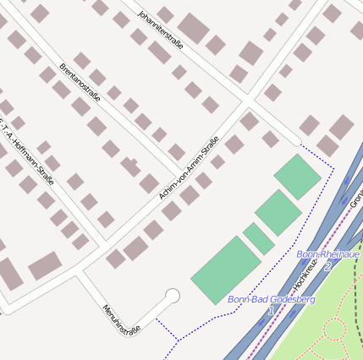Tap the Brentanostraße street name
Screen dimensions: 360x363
[x=80, y=82]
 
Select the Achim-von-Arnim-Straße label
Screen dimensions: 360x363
[x=189, y=167]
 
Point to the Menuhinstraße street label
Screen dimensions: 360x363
[x=119, y=320]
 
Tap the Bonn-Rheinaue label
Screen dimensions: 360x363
[x=327, y=254]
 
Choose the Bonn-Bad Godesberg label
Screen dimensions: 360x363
[x=272, y=299]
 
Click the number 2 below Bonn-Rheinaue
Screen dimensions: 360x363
[x=327, y=265]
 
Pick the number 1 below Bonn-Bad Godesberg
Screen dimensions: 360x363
[x=271, y=311]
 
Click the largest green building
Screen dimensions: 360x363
[x=226, y=269]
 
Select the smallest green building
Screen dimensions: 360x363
[x=259, y=238]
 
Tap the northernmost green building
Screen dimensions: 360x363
[x=298, y=176]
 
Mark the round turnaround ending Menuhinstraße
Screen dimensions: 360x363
[x=173, y=296]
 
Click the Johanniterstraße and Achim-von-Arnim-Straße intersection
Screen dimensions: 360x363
[x=247, y=99]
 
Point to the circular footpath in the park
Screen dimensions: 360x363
[x=334, y=329]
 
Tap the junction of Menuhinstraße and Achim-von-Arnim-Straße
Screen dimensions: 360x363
[x=81, y=271]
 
